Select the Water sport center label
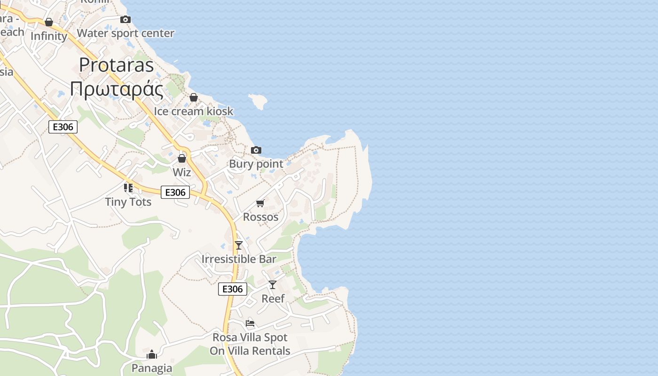pos(125,33)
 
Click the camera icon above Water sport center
pos(125,19)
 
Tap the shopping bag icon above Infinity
pos(49,22)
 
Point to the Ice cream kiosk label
pos(193,111)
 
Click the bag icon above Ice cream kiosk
pos(193,97)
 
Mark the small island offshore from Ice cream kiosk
pos(258,101)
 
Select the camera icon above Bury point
pos(256,150)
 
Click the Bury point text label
pos(256,164)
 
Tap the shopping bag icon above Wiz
pos(182,158)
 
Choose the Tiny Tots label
pos(128,202)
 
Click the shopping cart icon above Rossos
pos(260,203)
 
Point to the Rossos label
pos(260,217)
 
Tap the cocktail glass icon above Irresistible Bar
pos(239,245)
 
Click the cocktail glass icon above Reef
pos(273,284)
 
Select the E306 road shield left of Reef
pos(233,289)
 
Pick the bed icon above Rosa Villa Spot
pos(250,323)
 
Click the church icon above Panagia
pos(152,354)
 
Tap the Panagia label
pos(152,368)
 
